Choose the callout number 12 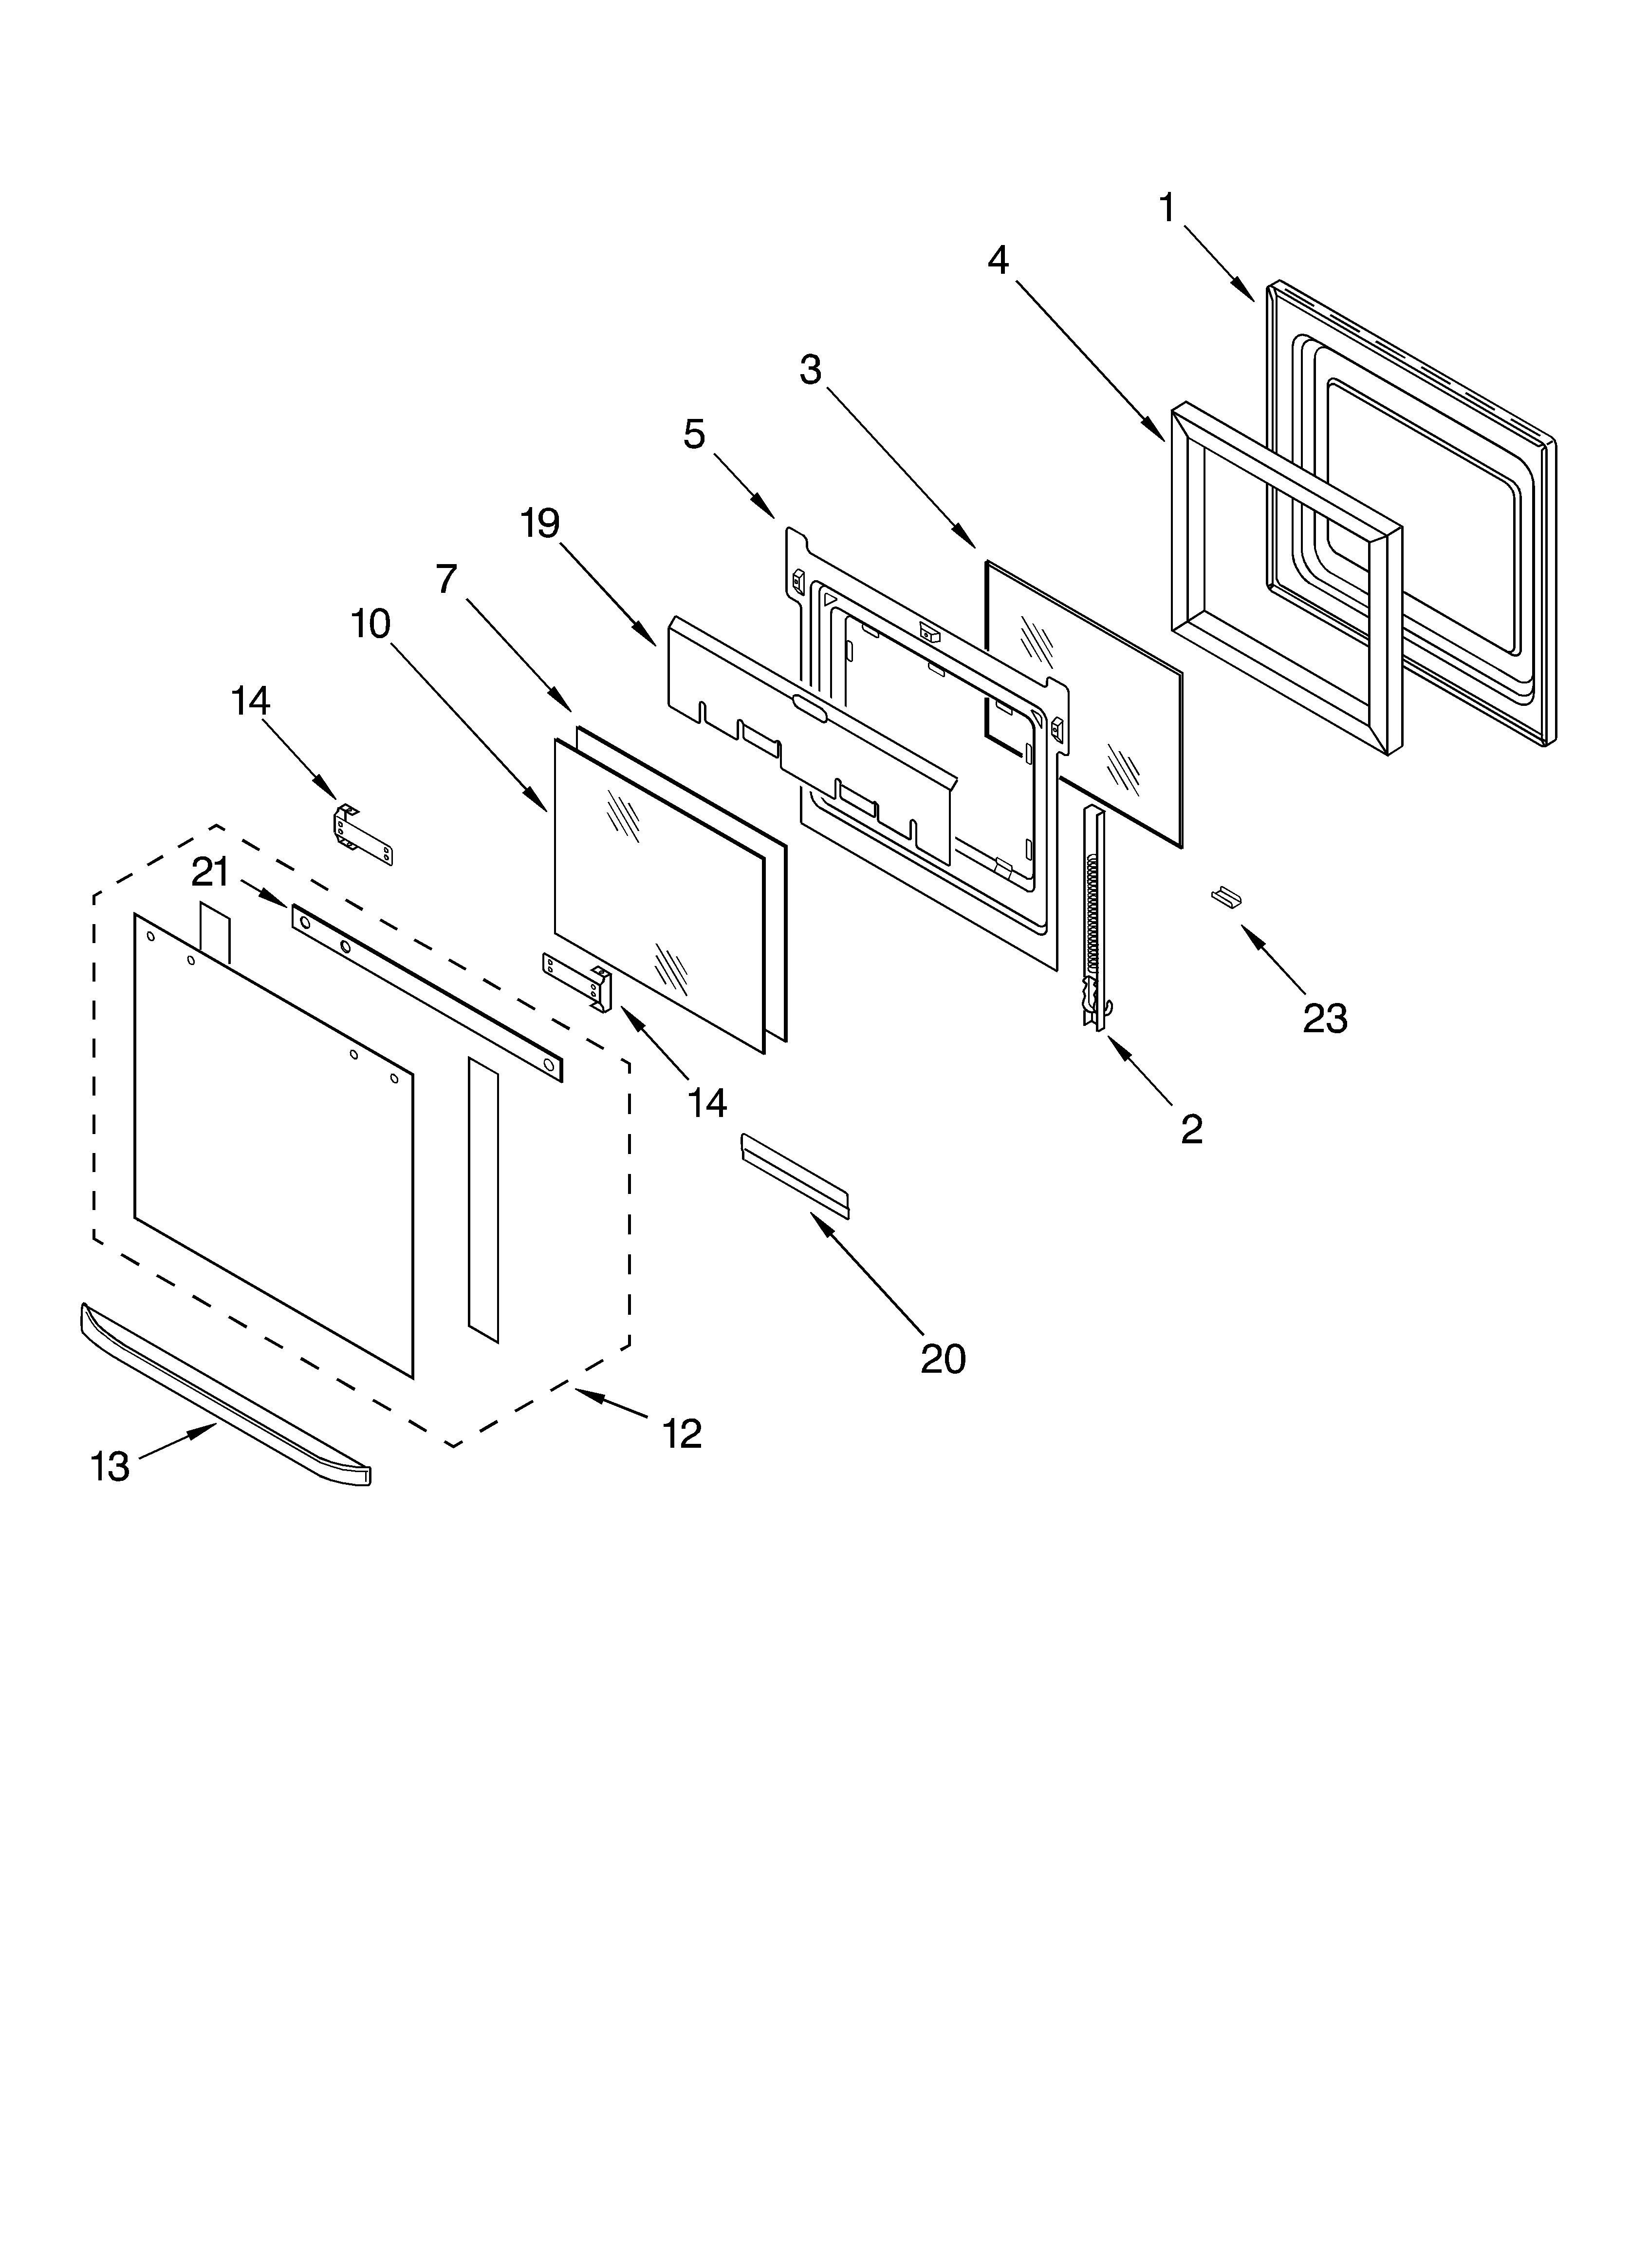682,1433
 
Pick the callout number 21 210,873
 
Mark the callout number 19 541,523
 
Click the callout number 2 1191,1129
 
